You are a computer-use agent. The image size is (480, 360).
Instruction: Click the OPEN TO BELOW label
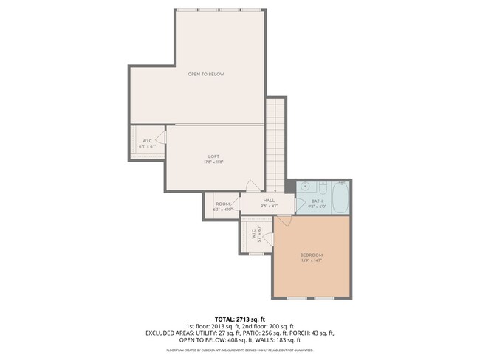click(205, 74)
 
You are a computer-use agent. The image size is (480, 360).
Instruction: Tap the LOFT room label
click(213, 156)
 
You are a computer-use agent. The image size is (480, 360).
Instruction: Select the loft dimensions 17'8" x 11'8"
click(213, 162)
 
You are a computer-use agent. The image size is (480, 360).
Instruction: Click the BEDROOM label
click(311, 255)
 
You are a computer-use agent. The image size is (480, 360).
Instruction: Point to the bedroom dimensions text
click(311, 260)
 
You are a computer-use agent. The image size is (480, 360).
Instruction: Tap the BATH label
click(317, 201)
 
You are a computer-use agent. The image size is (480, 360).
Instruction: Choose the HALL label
click(269, 200)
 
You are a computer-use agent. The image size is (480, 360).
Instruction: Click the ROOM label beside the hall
click(222, 204)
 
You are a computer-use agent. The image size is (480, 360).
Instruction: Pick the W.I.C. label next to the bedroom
click(253, 235)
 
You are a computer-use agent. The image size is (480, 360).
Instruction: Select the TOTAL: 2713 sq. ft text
click(239, 318)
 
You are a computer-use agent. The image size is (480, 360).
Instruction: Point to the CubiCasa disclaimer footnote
click(239, 350)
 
